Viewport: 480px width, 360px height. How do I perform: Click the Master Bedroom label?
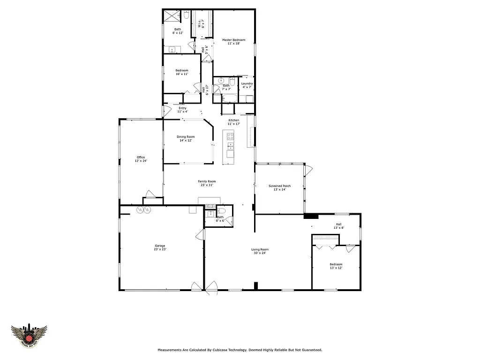point(233,40)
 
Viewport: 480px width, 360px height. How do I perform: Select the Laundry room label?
point(247,84)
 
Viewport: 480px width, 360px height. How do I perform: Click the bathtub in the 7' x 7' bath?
point(230,98)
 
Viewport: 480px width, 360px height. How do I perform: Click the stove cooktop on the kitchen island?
point(230,137)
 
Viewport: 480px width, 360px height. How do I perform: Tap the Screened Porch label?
point(279,186)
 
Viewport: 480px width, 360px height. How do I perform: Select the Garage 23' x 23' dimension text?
point(160,249)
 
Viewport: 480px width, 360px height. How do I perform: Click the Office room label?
point(141,157)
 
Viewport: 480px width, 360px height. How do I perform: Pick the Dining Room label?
point(186,137)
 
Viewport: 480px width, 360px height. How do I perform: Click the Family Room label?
point(207,181)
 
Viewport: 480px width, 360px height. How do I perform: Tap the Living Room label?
point(260,249)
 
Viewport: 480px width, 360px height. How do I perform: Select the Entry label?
point(182,108)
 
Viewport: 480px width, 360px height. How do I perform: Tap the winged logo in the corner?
point(29,337)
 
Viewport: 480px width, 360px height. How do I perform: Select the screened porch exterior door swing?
point(308,170)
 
